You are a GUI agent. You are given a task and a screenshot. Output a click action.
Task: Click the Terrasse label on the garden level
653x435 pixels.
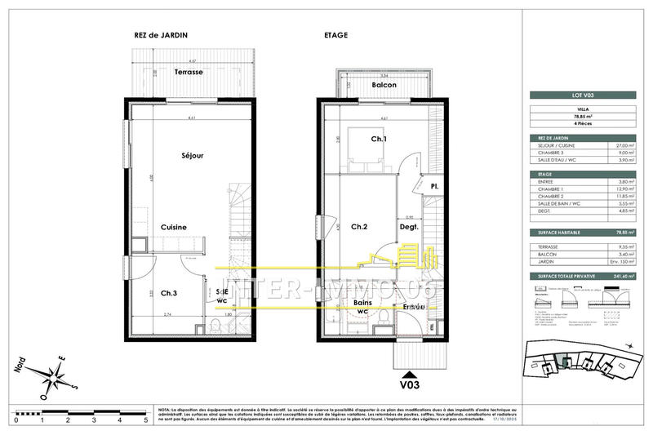189,72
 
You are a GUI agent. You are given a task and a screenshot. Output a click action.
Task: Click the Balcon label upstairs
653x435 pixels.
384,85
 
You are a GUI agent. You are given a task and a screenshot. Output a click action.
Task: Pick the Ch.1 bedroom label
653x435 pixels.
378,140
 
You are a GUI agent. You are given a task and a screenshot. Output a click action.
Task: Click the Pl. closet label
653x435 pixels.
435,186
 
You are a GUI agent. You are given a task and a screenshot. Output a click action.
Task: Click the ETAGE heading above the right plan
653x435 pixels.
336,35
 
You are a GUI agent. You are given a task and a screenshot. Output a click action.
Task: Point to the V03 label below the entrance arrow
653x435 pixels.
409,381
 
